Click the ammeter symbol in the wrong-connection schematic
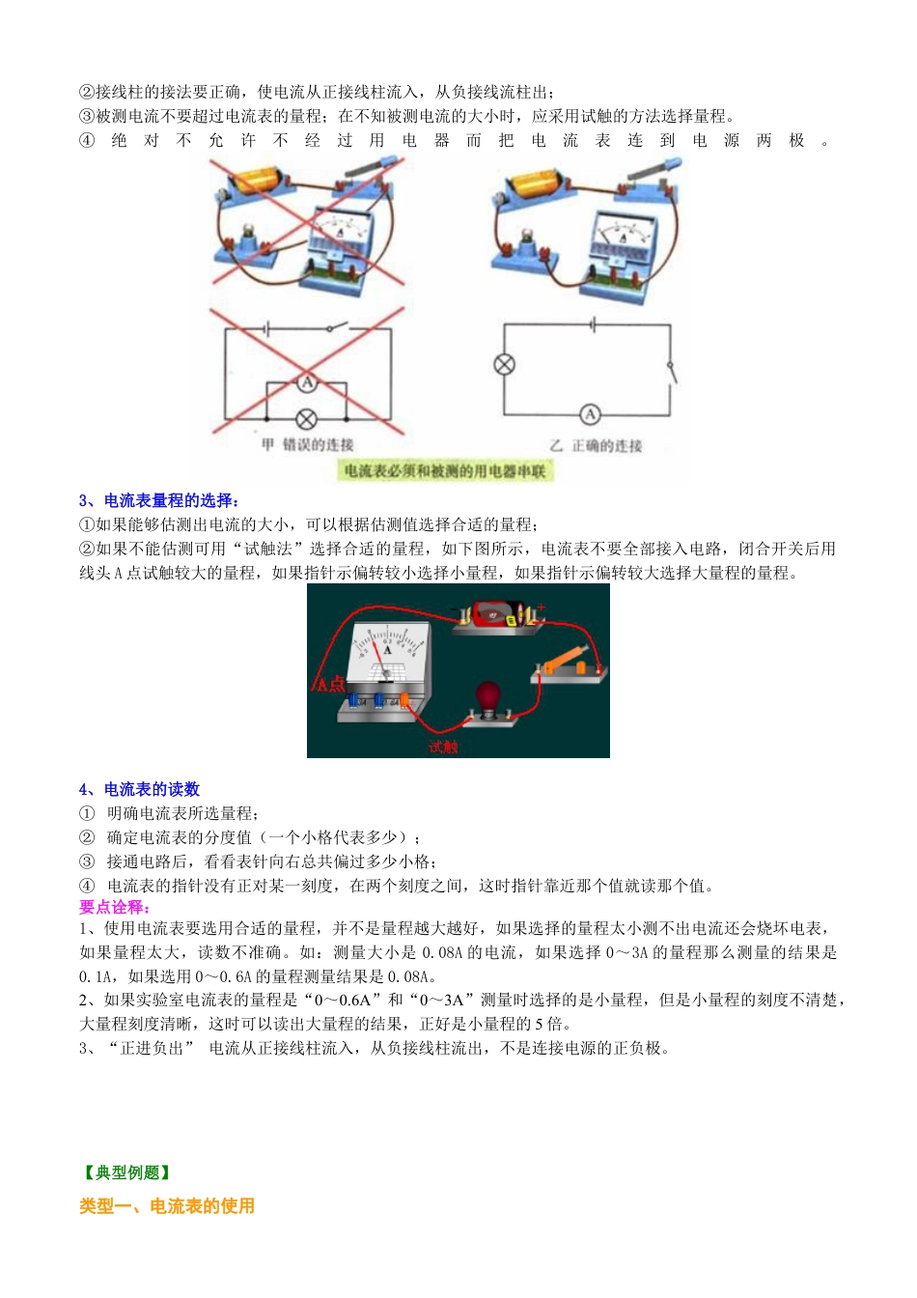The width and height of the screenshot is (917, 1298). pyautogui.click(x=306, y=383)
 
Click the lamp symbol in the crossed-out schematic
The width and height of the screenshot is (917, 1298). pyautogui.click(x=306, y=419)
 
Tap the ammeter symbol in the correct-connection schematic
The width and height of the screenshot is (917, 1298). pyautogui.click(x=590, y=414)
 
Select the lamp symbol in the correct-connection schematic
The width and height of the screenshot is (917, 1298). pyautogui.click(x=504, y=364)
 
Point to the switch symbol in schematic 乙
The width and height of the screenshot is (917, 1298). pyautogui.click(x=672, y=369)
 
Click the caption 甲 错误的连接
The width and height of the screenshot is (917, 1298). pyautogui.click(x=308, y=445)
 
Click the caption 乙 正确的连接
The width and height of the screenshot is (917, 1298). pyautogui.click(x=596, y=446)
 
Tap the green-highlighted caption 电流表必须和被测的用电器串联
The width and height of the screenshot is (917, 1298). pyautogui.click(x=445, y=470)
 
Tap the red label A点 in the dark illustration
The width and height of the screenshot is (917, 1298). pyautogui.click(x=330, y=684)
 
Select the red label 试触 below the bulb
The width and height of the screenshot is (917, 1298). pyautogui.click(x=443, y=747)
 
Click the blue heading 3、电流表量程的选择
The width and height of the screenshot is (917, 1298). pyautogui.click(x=159, y=500)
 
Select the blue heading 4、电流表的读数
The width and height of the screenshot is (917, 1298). pyautogui.click(x=139, y=789)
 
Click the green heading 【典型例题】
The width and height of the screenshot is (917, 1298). pyautogui.click(x=126, y=1172)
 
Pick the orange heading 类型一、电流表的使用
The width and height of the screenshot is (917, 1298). pyautogui.click(x=167, y=1205)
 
